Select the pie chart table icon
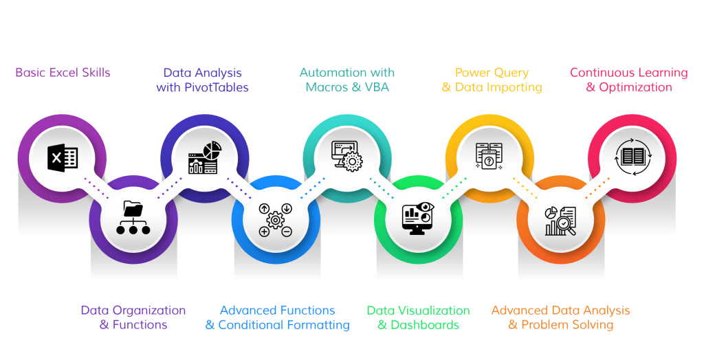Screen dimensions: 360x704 [x=203, y=158]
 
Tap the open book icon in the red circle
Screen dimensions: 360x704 [x=631, y=157]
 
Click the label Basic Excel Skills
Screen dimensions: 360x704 [x=63, y=72]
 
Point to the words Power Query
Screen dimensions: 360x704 [x=492, y=72]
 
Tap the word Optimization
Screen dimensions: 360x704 [x=636, y=87]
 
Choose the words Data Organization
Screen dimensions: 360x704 [x=133, y=311]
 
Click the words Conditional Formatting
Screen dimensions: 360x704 [x=284, y=325]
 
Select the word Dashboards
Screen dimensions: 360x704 [x=425, y=325]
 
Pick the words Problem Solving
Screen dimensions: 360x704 [x=567, y=325]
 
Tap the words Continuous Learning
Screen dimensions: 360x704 [x=628, y=72]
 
